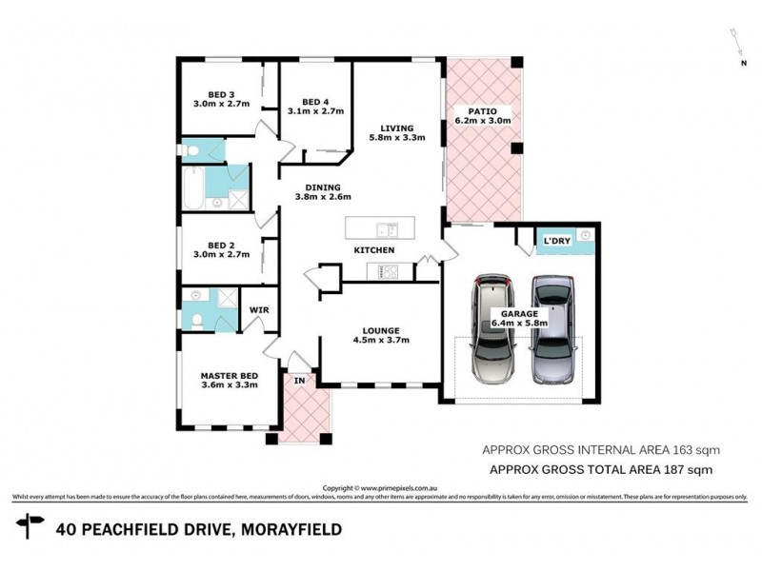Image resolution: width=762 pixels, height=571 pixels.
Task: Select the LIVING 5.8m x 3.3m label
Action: [x=396, y=132]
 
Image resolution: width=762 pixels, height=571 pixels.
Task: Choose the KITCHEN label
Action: [x=373, y=250]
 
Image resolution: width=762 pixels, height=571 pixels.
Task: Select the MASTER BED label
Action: [x=229, y=380]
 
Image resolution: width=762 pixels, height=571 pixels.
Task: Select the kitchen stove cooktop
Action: [x=389, y=272]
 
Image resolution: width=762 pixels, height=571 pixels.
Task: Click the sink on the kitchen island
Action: [x=386, y=228]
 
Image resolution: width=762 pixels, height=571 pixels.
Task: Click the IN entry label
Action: [x=298, y=382]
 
